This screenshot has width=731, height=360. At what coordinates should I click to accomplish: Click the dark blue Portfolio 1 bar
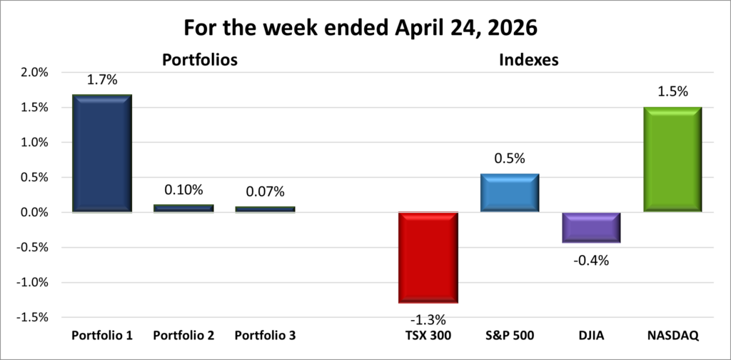point(101,154)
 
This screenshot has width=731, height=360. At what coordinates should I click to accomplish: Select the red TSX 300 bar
point(428,257)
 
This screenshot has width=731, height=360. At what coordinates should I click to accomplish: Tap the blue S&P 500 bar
point(509,193)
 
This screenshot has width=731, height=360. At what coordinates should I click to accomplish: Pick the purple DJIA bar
point(590,227)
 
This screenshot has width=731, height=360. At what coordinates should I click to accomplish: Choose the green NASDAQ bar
point(672,159)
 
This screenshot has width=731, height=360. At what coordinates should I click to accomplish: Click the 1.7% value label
point(102,80)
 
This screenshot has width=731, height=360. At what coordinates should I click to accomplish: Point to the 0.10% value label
point(183,190)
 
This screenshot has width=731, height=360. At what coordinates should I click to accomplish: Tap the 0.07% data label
point(264,191)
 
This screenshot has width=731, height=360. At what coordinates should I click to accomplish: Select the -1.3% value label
point(428,318)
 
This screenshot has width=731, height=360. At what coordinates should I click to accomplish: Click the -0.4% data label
point(591,260)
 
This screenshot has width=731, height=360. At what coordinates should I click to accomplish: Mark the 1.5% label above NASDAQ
point(672,91)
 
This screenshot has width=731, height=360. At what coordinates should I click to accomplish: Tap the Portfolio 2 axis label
point(183,335)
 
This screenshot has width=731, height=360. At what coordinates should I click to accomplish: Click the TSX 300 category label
point(428,335)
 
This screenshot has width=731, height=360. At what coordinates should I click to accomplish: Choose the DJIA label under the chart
point(591,335)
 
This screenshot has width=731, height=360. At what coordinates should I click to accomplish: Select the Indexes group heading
point(528,61)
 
